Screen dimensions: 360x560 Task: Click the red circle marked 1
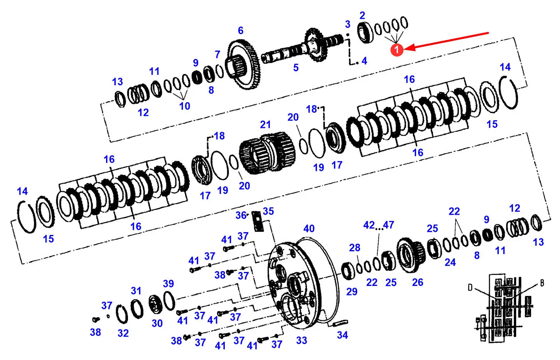(x=397, y=50)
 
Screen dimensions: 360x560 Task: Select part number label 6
(x=240, y=31)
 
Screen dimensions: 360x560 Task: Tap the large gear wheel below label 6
(x=244, y=66)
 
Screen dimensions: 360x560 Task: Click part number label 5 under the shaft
(x=296, y=68)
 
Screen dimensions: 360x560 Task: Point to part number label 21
(x=265, y=125)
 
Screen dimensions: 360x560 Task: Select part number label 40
(x=309, y=229)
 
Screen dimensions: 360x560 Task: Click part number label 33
(x=302, y=340)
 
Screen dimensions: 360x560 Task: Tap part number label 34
(x=342, y=335)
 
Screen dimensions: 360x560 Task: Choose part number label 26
(x=417, y=282)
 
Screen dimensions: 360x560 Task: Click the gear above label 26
(x=411, y=255)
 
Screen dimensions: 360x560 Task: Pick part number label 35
(x=268, y=211)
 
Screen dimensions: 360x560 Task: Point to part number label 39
(x=168, y=284)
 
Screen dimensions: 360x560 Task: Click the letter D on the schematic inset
(x=470, y=287)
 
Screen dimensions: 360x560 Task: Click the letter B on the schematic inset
(x=542, y=283)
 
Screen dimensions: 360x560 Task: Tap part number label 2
(x=362, y=16)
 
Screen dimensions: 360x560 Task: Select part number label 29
(x=352, y=292)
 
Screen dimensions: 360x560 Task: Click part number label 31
(x=136, y=291)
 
